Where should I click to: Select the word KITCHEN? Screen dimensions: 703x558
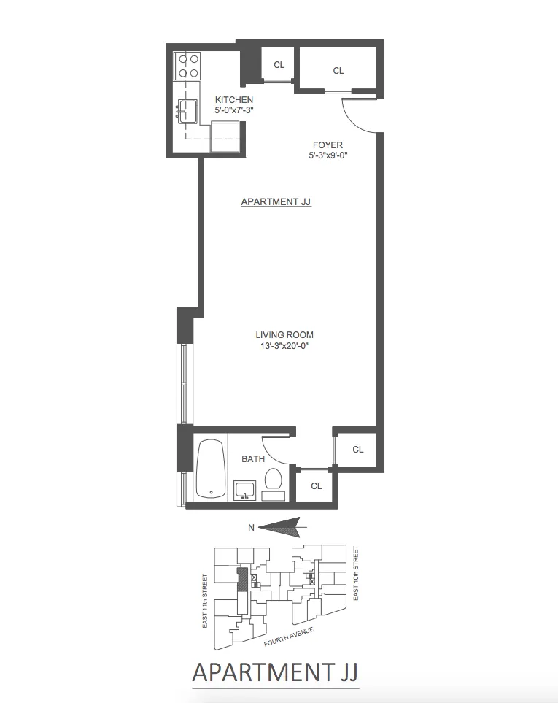233,99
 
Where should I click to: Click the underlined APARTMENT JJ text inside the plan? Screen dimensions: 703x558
276,201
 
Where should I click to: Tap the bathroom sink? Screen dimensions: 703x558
244,490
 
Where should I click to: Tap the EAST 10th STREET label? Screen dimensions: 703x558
357,574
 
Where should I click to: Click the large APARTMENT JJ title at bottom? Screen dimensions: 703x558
275,671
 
